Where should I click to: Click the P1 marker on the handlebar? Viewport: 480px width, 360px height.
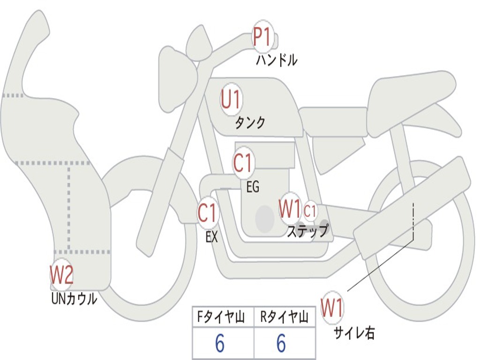(262, 37)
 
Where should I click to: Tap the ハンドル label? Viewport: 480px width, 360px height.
(277, 60)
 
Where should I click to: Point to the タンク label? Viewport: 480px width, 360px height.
(250, 123)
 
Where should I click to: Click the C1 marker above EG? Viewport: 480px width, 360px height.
(243, 163)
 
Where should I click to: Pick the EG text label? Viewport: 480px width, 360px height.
(253, 187)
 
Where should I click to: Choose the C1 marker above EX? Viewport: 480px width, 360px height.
(208, 213)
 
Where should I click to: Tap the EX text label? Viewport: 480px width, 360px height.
(212, 237)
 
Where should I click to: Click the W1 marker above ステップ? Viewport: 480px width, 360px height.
(290, 209)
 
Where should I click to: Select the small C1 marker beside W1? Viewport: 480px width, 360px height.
(310, 210)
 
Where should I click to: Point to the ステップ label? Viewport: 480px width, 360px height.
(307, 231)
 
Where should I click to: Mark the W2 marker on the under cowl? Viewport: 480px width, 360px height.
(61, 275)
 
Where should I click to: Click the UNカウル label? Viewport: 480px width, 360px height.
(74, 299)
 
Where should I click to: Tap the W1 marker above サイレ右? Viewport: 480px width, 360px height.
(332, 308)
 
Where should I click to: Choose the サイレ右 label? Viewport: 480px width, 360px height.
(354, 333)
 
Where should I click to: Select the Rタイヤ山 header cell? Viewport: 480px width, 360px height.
(285, 318)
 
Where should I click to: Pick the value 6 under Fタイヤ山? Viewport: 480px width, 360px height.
(219, 344)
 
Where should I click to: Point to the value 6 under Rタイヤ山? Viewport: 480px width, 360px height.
(281, 344)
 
